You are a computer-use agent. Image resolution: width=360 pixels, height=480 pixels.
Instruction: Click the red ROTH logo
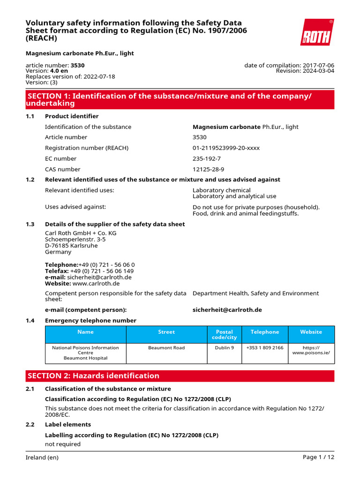click(317, 32)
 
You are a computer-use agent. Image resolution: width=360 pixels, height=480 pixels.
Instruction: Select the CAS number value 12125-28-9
click(208, 169)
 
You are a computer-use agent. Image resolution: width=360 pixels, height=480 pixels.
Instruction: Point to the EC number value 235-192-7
click(207, 158)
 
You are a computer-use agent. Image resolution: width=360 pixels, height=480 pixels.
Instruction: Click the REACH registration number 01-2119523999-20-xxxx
click(226, 148)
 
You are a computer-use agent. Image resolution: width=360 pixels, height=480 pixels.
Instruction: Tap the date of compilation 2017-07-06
click(318, 65)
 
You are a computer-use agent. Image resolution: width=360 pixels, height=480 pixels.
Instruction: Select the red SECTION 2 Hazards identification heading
click(180, 376)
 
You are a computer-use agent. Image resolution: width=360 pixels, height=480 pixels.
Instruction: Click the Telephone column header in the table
click(264, 332)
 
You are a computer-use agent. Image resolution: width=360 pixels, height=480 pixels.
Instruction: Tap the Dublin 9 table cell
click(224, 348)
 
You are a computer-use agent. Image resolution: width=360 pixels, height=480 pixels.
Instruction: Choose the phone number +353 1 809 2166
click(264, 348)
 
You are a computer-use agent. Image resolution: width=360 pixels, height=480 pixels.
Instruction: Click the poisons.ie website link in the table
click(311, 351)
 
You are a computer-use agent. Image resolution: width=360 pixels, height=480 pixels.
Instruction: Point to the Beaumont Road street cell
click(166, 348)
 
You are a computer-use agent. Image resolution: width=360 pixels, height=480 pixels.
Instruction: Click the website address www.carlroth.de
click(96, 283)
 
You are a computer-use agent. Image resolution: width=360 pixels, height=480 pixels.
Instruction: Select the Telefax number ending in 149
click(101, 271)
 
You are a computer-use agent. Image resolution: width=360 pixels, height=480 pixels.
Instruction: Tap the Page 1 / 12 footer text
click(318, 457)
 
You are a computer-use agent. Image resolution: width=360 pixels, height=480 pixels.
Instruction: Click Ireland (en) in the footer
click(42, 457)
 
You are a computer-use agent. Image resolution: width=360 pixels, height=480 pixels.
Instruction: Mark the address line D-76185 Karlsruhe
click(71, 246)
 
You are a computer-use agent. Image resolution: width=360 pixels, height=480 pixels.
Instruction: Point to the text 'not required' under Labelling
click(62, 444)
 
